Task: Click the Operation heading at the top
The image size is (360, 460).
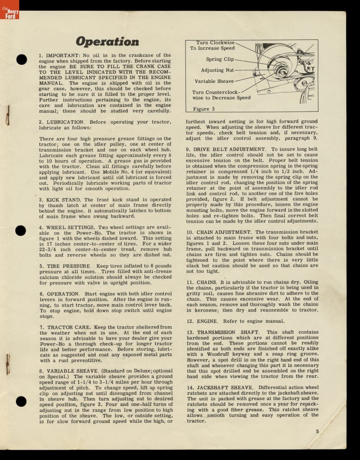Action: click(107, 41)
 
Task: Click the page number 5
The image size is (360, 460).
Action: click(317, 431)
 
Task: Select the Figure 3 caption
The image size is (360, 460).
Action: click(204, 109)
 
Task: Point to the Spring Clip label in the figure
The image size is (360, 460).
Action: click(219, 59)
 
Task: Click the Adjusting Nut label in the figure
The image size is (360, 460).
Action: click(217, 70)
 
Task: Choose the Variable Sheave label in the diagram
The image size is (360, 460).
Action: click(214, 81)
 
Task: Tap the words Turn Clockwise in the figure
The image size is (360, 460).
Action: click(215, 43)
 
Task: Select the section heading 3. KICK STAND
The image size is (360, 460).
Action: click(60, 200)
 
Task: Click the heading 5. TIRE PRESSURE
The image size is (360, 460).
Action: click(65, 266)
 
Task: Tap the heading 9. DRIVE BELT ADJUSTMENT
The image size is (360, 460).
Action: click(226, 149)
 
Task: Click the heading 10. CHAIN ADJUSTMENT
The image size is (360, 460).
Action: click(219, 232)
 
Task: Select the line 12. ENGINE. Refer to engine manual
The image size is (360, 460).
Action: click(235, 321)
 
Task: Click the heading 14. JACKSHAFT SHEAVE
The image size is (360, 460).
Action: click(220, 388)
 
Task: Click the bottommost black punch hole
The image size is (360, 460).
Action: click(21, 401)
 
